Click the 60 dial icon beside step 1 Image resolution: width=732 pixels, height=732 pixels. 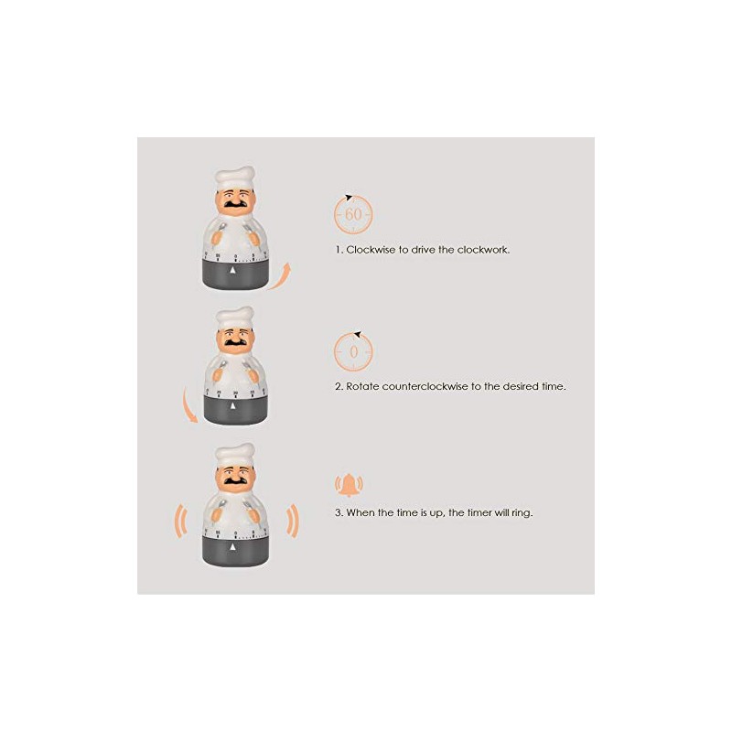[353, 214]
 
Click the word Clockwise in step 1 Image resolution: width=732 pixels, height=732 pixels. [371, 249]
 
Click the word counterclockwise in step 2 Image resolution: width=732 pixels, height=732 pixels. [418, 386]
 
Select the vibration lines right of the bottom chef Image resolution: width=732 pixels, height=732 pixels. [293, 524]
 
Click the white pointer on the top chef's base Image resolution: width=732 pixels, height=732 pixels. [235, 271]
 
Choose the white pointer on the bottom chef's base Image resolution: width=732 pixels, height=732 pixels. [235, 545]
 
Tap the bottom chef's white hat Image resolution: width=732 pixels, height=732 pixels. [235, 453]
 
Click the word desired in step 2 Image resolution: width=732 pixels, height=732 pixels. [512, 386]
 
